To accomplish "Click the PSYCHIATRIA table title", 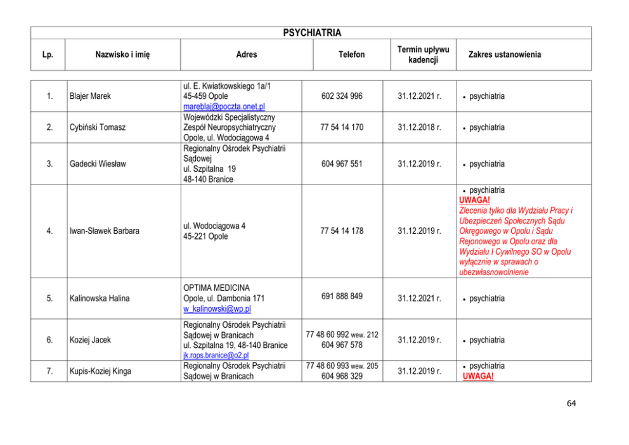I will click(311, 33).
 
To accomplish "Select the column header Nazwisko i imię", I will click(122, 55).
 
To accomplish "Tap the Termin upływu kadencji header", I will click(423, 55).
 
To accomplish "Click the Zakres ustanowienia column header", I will click(504, 55).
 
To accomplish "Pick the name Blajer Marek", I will click(90, 96).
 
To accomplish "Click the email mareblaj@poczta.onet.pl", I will click(224, 106).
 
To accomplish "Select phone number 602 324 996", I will click(342, 96).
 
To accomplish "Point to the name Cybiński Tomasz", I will click(97, 127).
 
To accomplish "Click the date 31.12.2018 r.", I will click(419, 127).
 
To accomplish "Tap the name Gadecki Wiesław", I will click(98, 164).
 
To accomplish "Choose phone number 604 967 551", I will click(342, 164).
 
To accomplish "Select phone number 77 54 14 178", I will click(342, 231).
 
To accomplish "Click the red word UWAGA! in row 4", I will click(475, 200).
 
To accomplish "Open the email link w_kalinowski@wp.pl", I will click(217, 309).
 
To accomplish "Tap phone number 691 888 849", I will click(342, 296).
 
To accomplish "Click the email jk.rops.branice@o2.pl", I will click(216, 356).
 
